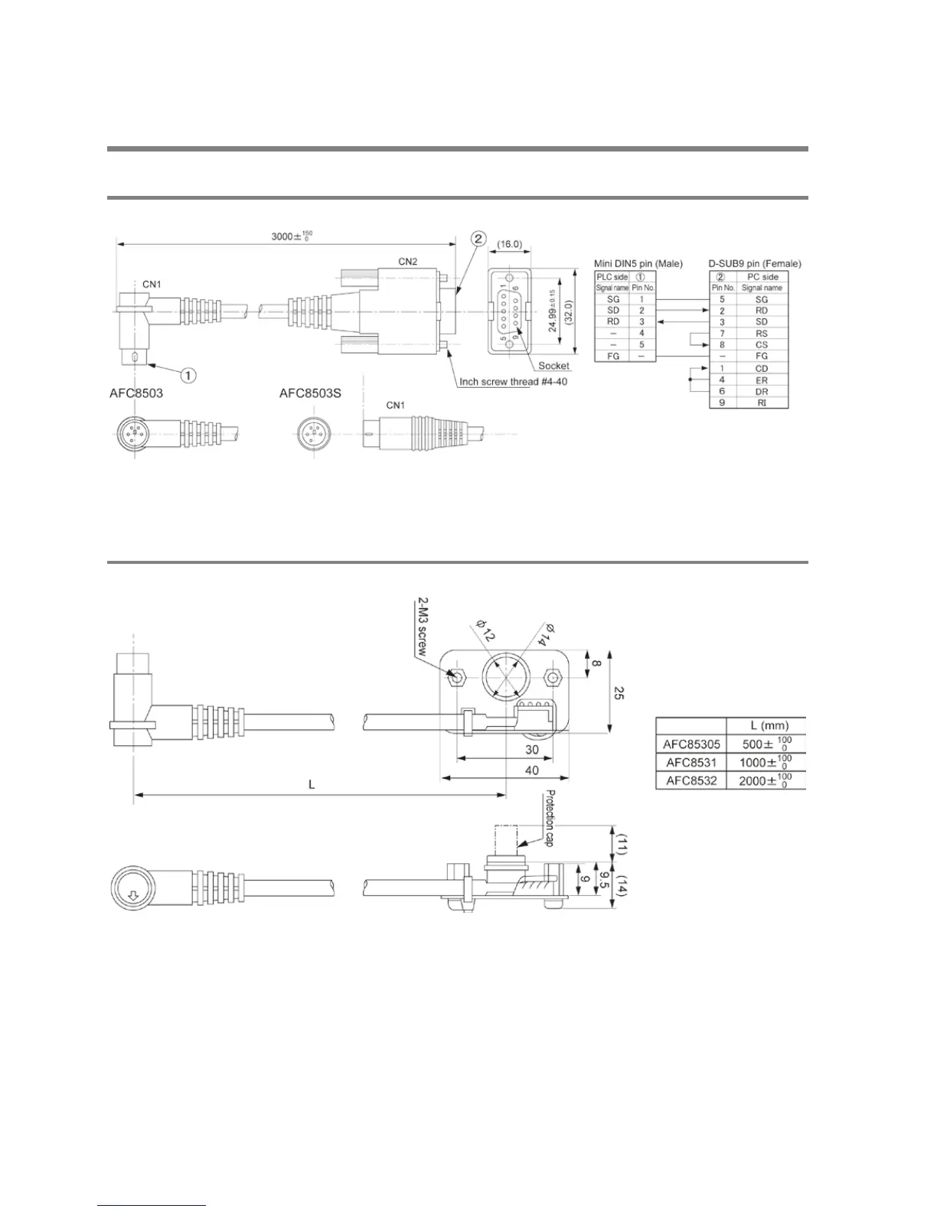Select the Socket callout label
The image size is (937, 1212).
coord(553,366)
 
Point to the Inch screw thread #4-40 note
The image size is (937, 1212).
coord(513,381)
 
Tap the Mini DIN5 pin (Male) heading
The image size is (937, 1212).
coord(638,264)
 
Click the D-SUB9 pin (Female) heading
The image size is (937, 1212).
coord(754,264)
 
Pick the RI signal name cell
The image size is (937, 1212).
coord(762,402)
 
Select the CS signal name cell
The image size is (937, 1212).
coord(762,345)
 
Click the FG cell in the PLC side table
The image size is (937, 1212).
coord(613,357)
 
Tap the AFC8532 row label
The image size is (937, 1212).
coord(690,781)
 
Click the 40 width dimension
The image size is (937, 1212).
coord(531,771)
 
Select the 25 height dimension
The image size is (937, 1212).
coord(619,693)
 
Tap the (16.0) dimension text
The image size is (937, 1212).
coord(509,244)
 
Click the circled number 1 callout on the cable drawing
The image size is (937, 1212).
coord(188,374)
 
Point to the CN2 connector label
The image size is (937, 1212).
coord(407,261)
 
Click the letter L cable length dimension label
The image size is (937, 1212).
coord(312,785)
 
